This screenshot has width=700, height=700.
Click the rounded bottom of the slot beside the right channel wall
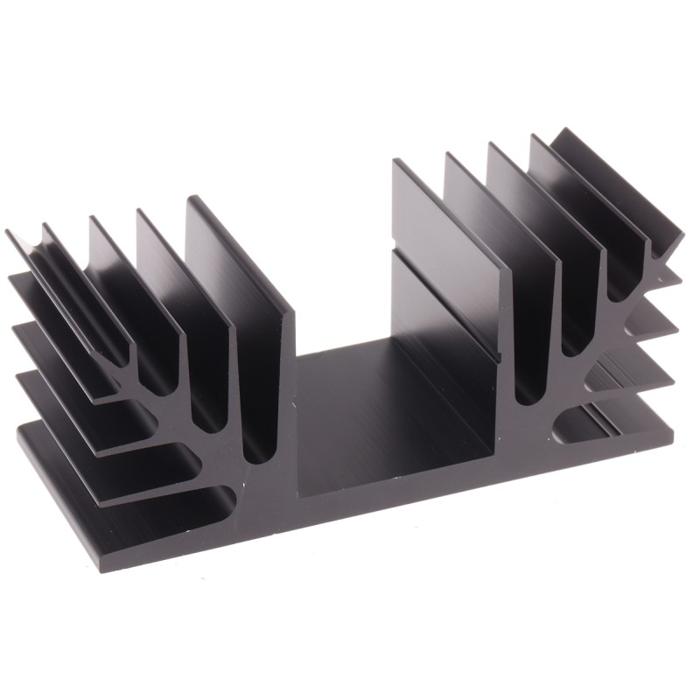pyautogui.click(x=525, y=394)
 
